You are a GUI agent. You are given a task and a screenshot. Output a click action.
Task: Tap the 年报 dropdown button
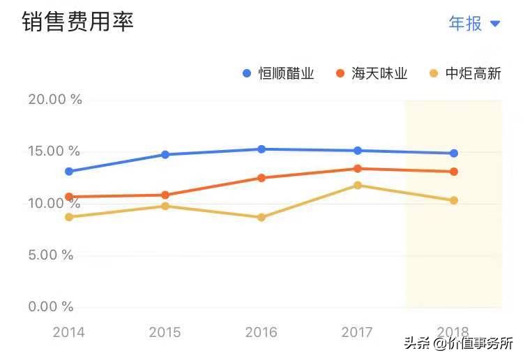coord(474,23)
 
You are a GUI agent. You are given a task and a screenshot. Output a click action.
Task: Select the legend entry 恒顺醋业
coord(279,73)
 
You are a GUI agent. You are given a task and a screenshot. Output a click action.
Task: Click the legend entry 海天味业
coord(372,73)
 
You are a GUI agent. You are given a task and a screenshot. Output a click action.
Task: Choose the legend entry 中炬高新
coord(465,73)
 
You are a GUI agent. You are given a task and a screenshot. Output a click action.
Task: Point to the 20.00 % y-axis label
coord(54,100)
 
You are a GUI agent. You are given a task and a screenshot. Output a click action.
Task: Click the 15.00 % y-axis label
coord(54,151)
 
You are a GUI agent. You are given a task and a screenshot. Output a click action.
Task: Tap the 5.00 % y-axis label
coord(50,255)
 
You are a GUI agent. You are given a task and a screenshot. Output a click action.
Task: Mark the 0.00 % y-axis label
coord(50,306)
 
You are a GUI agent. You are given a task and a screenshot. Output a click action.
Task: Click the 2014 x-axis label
coord(69,332)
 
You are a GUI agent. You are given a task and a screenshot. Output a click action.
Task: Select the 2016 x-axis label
coord(261,332)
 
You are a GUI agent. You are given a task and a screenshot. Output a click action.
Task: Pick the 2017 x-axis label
coord(358,332)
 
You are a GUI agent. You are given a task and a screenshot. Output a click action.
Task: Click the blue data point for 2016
coord(261,149)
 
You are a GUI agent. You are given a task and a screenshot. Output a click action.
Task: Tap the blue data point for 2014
coord(69,172)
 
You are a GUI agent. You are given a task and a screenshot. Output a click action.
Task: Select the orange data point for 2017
coord(358,169)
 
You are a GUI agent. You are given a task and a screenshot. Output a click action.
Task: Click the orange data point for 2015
coord(165,195)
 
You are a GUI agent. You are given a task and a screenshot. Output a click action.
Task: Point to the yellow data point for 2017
coord(358,186)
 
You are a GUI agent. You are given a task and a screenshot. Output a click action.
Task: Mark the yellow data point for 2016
coord(261,218)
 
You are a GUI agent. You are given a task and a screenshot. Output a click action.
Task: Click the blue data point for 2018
coord(454,153)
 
